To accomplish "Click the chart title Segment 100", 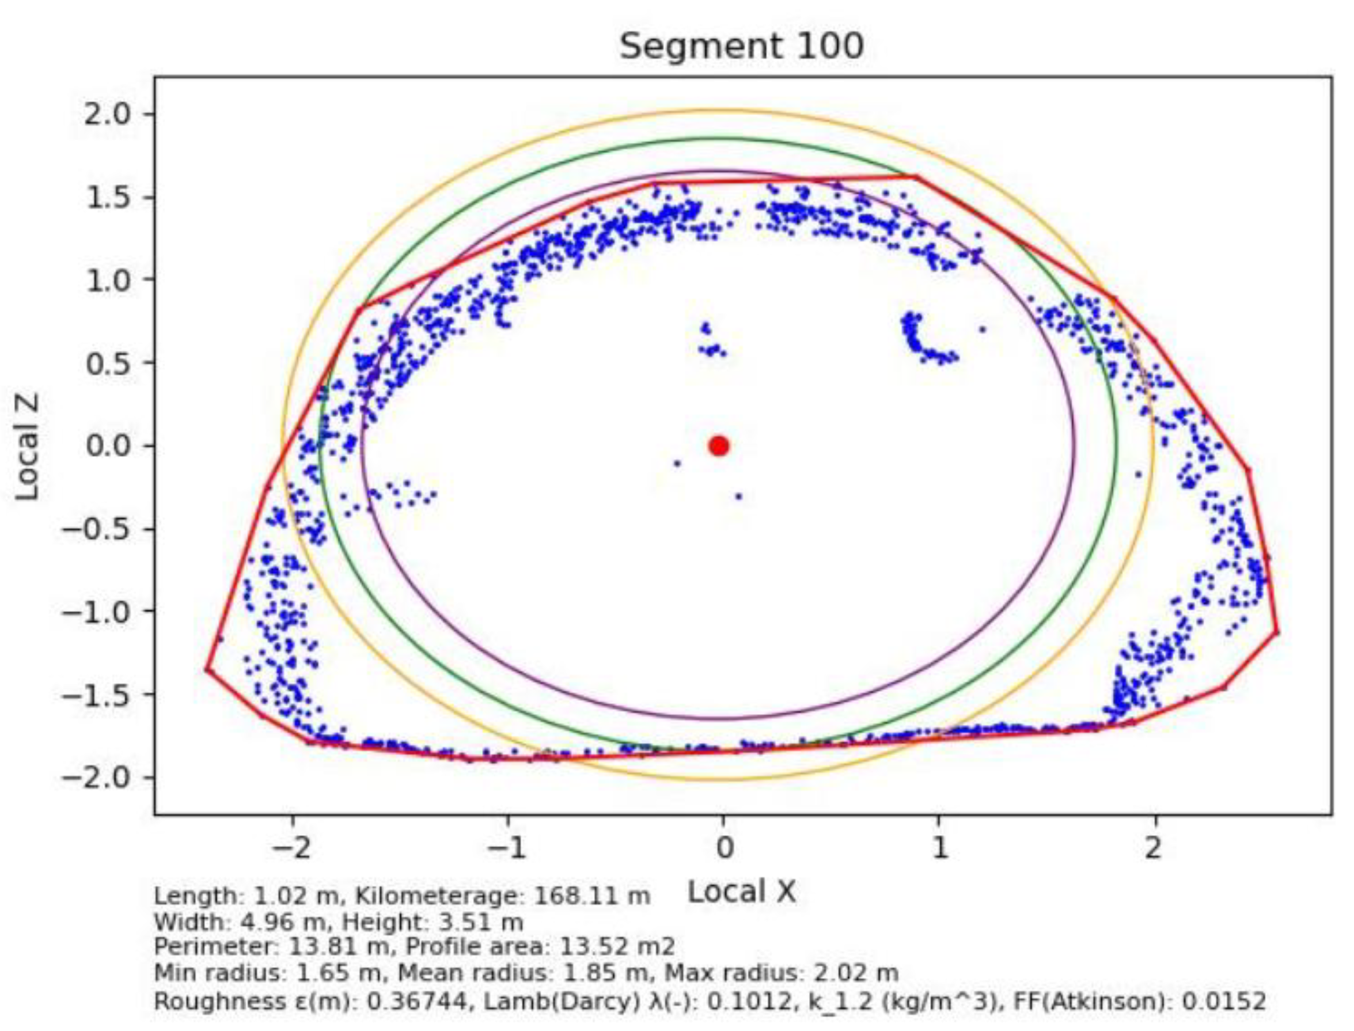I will [741, 46].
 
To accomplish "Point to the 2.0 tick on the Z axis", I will [116, 114].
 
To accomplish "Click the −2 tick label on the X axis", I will [292, 849].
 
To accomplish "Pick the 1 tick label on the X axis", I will [939, 849].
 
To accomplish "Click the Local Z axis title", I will [27, 446].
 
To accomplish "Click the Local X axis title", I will [741, 892].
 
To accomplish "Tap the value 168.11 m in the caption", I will [591, 897].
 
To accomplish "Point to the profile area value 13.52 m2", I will [617, 947].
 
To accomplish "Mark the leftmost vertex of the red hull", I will [207, 669].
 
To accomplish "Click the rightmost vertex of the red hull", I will [1277, 632].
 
